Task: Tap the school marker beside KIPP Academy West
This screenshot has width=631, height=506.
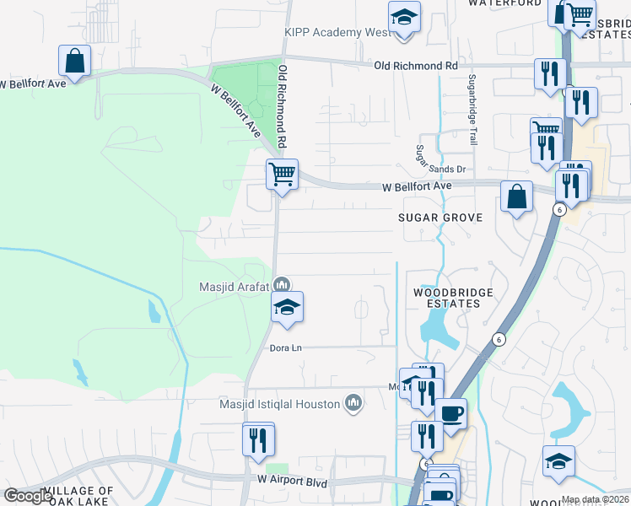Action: (x=404, y=18)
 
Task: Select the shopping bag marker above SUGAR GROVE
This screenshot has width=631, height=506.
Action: (x=516, y=198)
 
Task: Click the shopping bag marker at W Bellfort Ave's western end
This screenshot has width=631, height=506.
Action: (x=74, y=62)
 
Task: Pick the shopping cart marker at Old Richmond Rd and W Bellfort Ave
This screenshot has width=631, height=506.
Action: (x=282, y=175)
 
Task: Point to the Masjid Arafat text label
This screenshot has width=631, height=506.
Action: (x=234, y=287)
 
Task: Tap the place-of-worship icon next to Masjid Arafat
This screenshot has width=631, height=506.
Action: (x=283, y=285)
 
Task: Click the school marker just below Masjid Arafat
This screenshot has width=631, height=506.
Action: (x=287, y=308)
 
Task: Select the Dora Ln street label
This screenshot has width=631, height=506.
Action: (x=285, y=347)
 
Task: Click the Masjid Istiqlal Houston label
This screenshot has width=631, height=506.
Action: (x=277, y=404)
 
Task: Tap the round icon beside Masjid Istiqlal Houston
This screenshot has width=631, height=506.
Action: (x=353, y=404)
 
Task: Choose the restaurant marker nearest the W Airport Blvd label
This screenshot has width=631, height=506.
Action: (x=258, y=439)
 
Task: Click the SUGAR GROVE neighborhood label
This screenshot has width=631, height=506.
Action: (x=440, y=218)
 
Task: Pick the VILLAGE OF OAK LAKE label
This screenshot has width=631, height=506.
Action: (x=78, y=496)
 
